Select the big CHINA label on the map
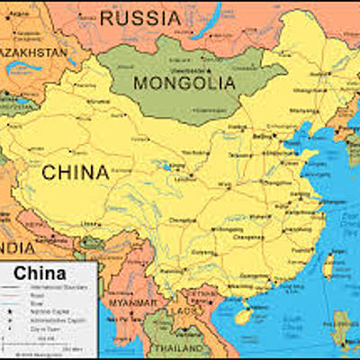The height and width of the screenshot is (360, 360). [76, 171]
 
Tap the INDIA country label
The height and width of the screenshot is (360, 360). [16, 247]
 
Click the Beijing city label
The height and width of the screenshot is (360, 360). [263, 136]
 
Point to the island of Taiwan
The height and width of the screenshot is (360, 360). [329, 265]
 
